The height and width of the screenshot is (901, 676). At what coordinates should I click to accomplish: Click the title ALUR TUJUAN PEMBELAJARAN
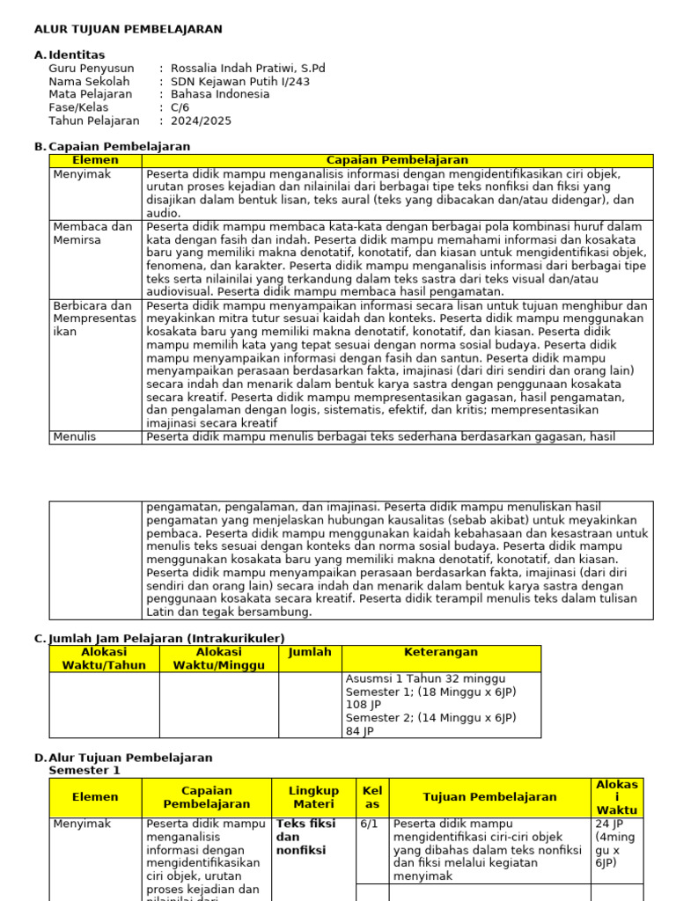[128, 29]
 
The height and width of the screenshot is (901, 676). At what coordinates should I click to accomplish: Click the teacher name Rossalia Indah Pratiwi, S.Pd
[247, 69]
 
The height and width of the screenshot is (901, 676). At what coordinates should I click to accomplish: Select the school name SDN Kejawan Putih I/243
[239, 82]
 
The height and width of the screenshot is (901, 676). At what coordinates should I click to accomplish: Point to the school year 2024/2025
[201, 121]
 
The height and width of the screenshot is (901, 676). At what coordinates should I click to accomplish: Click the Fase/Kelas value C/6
[180, 108]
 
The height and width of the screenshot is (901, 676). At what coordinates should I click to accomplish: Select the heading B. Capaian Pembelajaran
[112, 147]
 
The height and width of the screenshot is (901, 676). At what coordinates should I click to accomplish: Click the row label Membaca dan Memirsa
[92, 233]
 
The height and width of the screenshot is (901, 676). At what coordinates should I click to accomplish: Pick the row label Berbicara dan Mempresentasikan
[94, 319]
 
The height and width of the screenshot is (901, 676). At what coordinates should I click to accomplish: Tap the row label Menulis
[74, 436]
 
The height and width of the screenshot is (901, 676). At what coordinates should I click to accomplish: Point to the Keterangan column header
[440, 653]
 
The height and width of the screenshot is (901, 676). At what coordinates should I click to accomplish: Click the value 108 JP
[364, 705]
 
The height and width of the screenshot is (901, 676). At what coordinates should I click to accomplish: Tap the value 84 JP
[360, 731]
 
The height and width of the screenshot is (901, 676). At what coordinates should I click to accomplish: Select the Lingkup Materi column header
[313, 797]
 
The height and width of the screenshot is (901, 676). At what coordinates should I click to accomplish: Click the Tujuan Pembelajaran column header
[489, 797]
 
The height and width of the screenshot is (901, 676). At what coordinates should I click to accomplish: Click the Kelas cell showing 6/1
[368, 824]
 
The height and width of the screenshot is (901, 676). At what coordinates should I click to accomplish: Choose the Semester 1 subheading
[84, 771]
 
